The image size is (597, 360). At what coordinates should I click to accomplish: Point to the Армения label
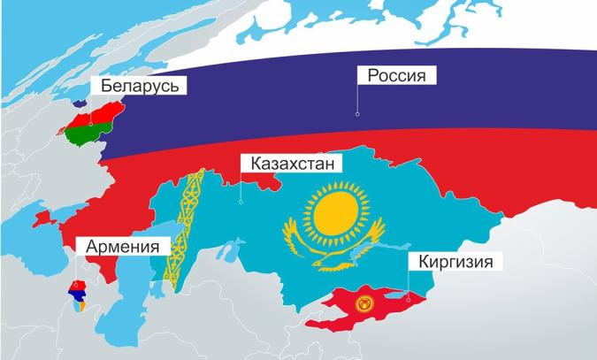[122, 246]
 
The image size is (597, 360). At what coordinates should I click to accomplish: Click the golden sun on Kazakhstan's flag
[334, 213]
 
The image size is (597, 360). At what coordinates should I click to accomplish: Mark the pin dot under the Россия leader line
[357, 113]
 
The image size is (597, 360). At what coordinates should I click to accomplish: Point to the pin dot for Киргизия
[409, 298]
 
